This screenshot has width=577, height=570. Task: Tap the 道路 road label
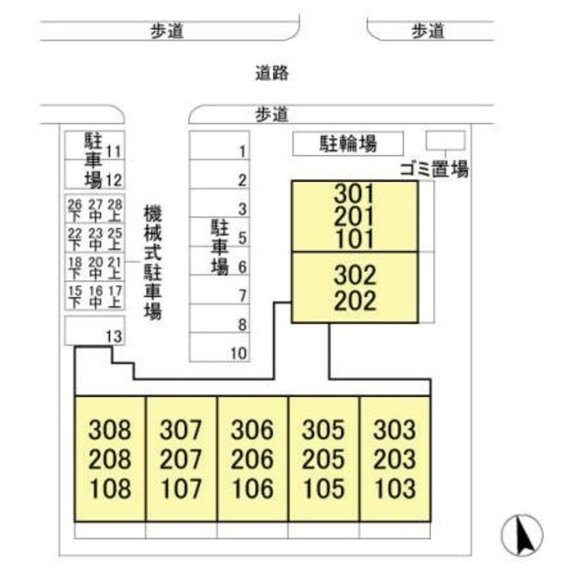[271, 74]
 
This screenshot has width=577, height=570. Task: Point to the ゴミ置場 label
[434, 168]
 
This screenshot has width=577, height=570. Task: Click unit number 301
[354, 193]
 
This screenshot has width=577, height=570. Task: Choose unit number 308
[110, 430]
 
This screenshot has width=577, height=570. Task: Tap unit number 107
[181, 489]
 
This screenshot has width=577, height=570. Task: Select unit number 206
[252, 459]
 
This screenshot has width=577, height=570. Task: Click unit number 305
[324, 430]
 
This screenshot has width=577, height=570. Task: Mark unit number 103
[395, 489]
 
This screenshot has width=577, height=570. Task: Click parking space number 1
[243, 152]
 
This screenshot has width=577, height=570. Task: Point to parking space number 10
[238, 353]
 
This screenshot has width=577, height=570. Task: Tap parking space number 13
[114, 336]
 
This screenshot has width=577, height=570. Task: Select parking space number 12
[114, 179]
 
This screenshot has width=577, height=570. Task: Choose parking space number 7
[243, 295]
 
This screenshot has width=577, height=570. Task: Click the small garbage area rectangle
[445, 140]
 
